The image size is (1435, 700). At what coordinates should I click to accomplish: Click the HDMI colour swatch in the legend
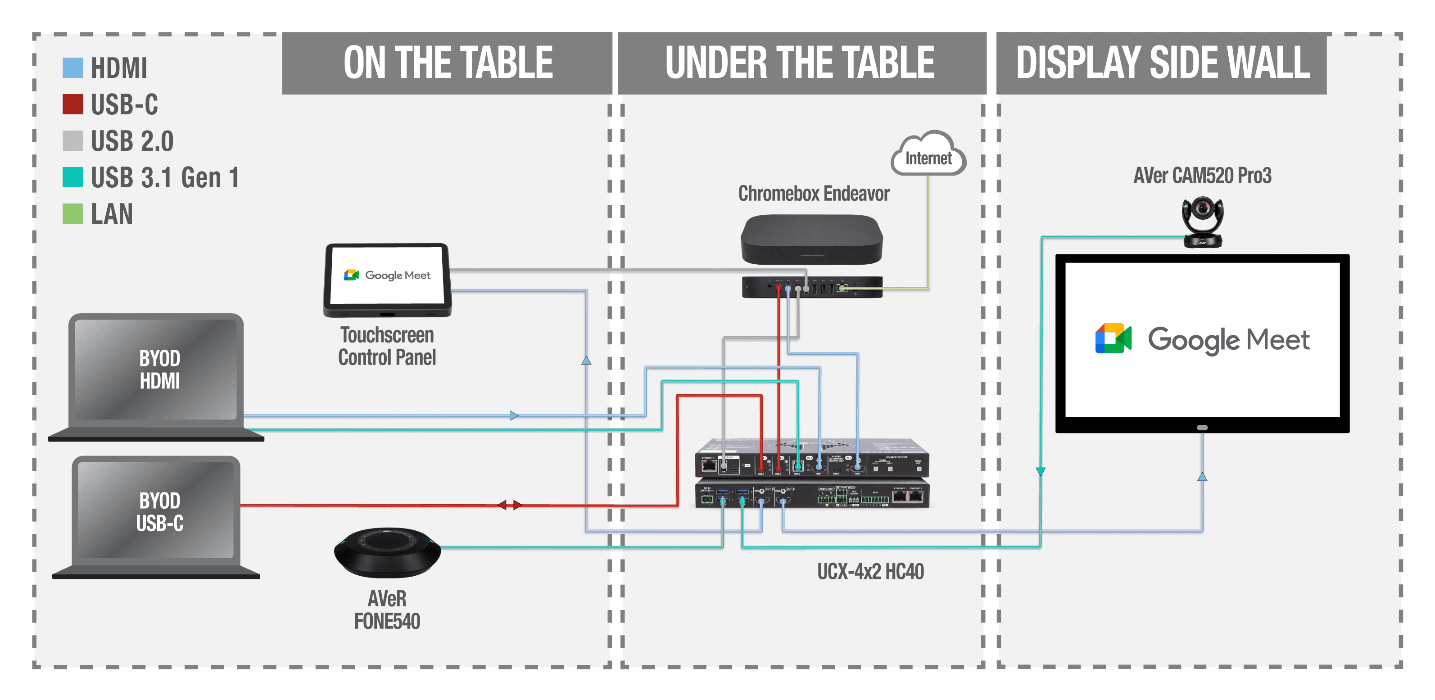point(72,68)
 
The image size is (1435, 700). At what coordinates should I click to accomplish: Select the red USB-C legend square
point(72,104)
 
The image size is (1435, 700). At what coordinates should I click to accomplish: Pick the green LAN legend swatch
point(72,213)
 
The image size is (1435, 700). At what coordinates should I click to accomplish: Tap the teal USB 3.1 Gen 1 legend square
point(72,177)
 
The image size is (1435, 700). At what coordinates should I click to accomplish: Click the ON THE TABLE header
point(447,63)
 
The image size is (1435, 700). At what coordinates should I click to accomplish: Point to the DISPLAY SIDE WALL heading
point(1162,63)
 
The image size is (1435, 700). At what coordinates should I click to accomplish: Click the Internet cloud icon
point(928,155)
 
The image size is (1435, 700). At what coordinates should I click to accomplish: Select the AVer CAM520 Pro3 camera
point(1203,221)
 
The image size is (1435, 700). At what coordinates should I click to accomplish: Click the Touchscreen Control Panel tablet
point(388,279)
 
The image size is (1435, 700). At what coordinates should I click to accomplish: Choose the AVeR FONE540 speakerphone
point(387,551)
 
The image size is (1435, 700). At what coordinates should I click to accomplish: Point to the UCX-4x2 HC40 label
point(870,571)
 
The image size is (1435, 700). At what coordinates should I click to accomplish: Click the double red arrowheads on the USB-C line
point(510,505)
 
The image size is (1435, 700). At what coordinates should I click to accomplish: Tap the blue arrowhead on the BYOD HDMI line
point(514,415)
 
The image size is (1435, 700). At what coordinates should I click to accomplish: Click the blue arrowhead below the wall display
point(1202,477)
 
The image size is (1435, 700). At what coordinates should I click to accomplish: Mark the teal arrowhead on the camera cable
point(1040,471)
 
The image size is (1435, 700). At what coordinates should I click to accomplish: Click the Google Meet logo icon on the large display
point(1113,339)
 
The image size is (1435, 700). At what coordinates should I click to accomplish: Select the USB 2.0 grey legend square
point(72,140)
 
